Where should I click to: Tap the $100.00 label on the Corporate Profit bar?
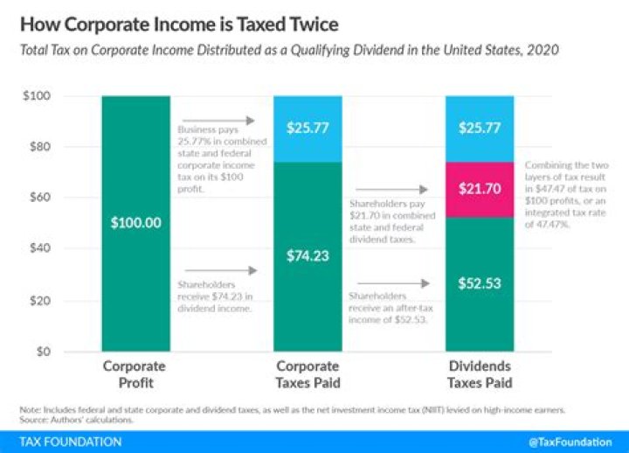135,223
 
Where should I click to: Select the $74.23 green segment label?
308,256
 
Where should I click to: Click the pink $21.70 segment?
479,189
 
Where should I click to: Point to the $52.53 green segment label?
479,282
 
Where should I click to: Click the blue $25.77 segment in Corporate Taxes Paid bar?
308,129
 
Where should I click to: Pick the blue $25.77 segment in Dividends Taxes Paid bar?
479,129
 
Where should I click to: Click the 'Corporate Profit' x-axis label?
135,374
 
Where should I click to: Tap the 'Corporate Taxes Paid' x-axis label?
308,374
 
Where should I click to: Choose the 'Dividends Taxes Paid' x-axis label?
479,374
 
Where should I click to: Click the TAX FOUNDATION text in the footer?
61,443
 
